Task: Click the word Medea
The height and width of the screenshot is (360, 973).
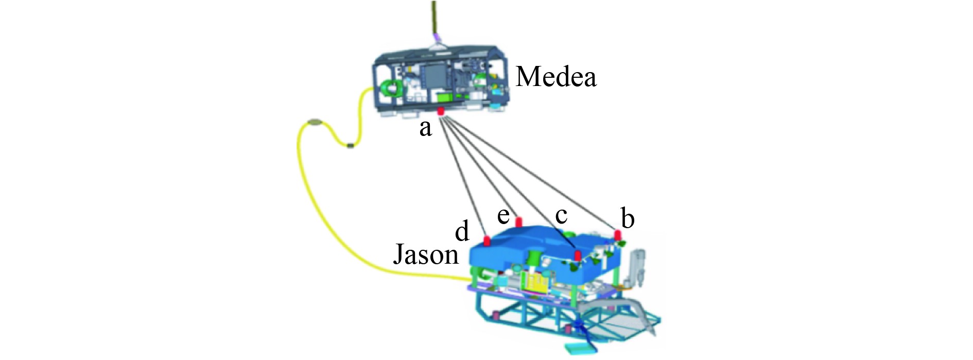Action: (556, 77)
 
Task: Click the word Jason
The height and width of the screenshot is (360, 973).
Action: (426, 254)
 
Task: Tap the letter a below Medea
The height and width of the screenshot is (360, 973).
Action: (425, 128)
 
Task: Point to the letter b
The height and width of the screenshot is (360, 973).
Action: (627, 218)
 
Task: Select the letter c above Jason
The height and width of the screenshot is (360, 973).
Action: (562, 215)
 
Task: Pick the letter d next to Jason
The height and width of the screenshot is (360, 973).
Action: (462, 231)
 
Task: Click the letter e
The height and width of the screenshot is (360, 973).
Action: (503, 215)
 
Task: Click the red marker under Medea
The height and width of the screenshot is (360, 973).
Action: (441, 111)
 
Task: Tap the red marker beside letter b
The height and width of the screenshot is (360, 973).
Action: (618, 235)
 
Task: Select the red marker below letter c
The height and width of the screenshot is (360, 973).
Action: (578, 255)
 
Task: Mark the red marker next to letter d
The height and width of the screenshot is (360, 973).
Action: (486, 241)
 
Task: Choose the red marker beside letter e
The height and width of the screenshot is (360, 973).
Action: (519, 222)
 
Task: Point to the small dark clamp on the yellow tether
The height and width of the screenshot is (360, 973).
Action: (351, 146)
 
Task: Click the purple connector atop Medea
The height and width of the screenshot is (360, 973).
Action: (437, 37)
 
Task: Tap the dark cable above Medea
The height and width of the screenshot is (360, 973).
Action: (434, 15)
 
